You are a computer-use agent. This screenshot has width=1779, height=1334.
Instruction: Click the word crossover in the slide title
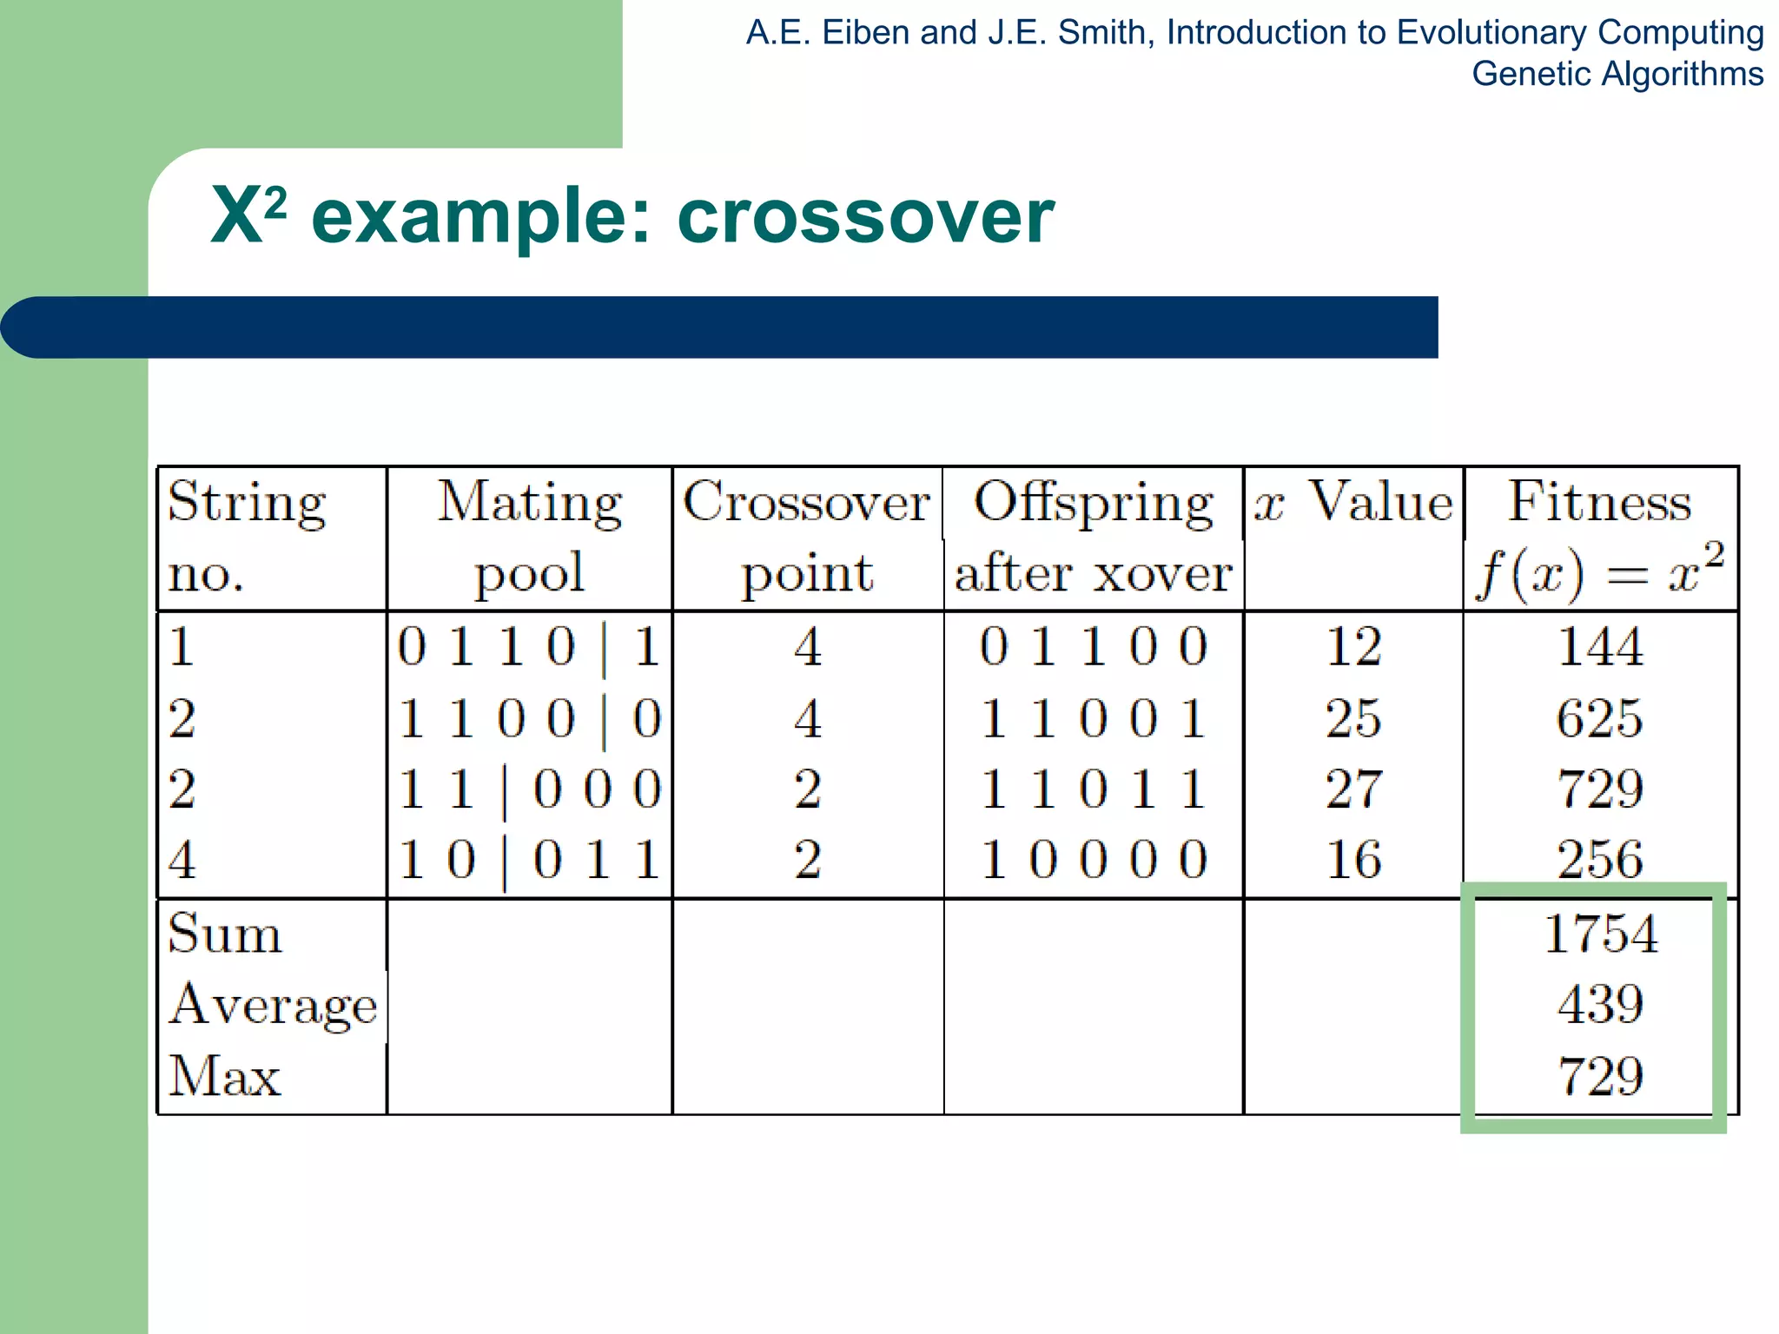click(x=865, y=217)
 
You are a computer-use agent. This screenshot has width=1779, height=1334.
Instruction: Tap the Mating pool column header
click(x=529, y=537)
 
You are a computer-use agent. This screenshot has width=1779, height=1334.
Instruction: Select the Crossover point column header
click(x=806, y=537)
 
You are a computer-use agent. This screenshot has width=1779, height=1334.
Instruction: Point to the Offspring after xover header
click(x=1093, y=537)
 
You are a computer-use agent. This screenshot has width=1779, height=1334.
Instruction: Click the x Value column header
click(x=1353, y=502)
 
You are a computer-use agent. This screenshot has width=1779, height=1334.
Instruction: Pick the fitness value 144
click(x=1600, y=647)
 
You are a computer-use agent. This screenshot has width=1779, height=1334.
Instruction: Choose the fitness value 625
click(x=1600, y=718)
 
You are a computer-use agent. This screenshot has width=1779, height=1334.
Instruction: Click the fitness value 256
click(x=1600, y=860)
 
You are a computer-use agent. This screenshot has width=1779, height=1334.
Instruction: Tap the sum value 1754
click(x=1600, y=934)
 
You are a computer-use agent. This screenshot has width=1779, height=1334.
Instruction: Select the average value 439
click(x=1600, y=1005)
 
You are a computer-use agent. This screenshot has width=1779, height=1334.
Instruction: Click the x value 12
click(x=1353, y=647)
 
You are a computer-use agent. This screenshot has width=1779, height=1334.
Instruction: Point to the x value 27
click(x=1353, y=789)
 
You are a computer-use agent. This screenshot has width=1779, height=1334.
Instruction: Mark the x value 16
click(x=1353, y=860)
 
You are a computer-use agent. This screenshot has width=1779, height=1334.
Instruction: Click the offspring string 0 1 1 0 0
click(x=1093, y=647)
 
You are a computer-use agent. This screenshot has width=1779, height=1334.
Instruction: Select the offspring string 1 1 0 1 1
click(x=1093, y=789)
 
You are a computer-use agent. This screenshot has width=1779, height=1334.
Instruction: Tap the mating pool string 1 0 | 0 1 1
click(x=529, y=860)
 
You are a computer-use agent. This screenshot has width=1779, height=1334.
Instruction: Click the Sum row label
click(x=225, y=934)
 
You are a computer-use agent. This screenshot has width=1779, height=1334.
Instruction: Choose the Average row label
click(x=273, y=1006)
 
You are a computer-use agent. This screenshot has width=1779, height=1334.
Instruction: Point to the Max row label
click(x=225, y=1077)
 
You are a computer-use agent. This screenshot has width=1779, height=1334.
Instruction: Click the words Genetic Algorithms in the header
click(x=1617, y=74)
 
